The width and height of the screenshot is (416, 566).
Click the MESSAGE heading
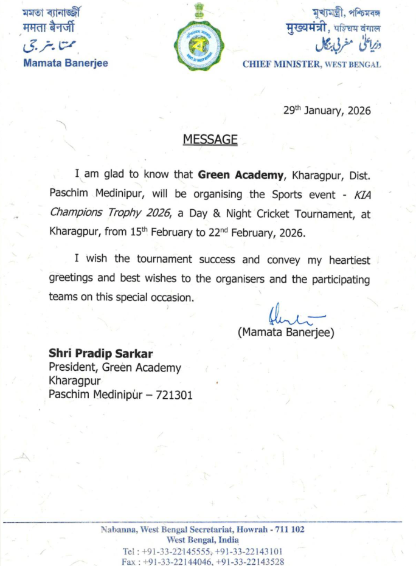click(x=210, y=139)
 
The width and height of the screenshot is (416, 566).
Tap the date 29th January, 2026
click(x=327, y=111)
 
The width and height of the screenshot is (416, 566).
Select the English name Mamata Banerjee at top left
click(x=65, y=63)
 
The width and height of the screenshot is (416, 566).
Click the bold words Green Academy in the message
click(x=241, y=174)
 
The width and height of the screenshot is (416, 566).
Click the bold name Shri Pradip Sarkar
click(x=101, y=354)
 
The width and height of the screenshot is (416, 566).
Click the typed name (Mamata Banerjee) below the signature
click(x=286, y=332)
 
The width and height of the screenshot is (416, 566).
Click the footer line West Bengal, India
click(x=203, y=540)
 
